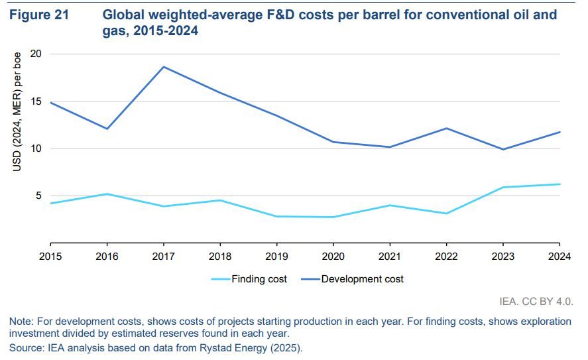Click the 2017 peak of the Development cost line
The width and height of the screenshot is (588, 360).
coord(164,66)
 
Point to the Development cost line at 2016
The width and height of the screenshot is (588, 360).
coord(107,129)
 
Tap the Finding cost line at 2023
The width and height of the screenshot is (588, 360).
coord(504,187)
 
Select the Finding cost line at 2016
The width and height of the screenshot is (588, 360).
coord(107,194)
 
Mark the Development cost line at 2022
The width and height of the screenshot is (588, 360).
coord(447,128)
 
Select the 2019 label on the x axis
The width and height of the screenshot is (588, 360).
coord(277,255)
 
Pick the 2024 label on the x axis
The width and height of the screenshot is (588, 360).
coord(560,255)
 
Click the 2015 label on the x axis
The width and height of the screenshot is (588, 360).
coord(50,255)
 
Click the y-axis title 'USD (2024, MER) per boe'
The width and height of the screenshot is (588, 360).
coord(18,111)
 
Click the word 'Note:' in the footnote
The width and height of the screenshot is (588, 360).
coord(22,322)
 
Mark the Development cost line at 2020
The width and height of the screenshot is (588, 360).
coord(333,142)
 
